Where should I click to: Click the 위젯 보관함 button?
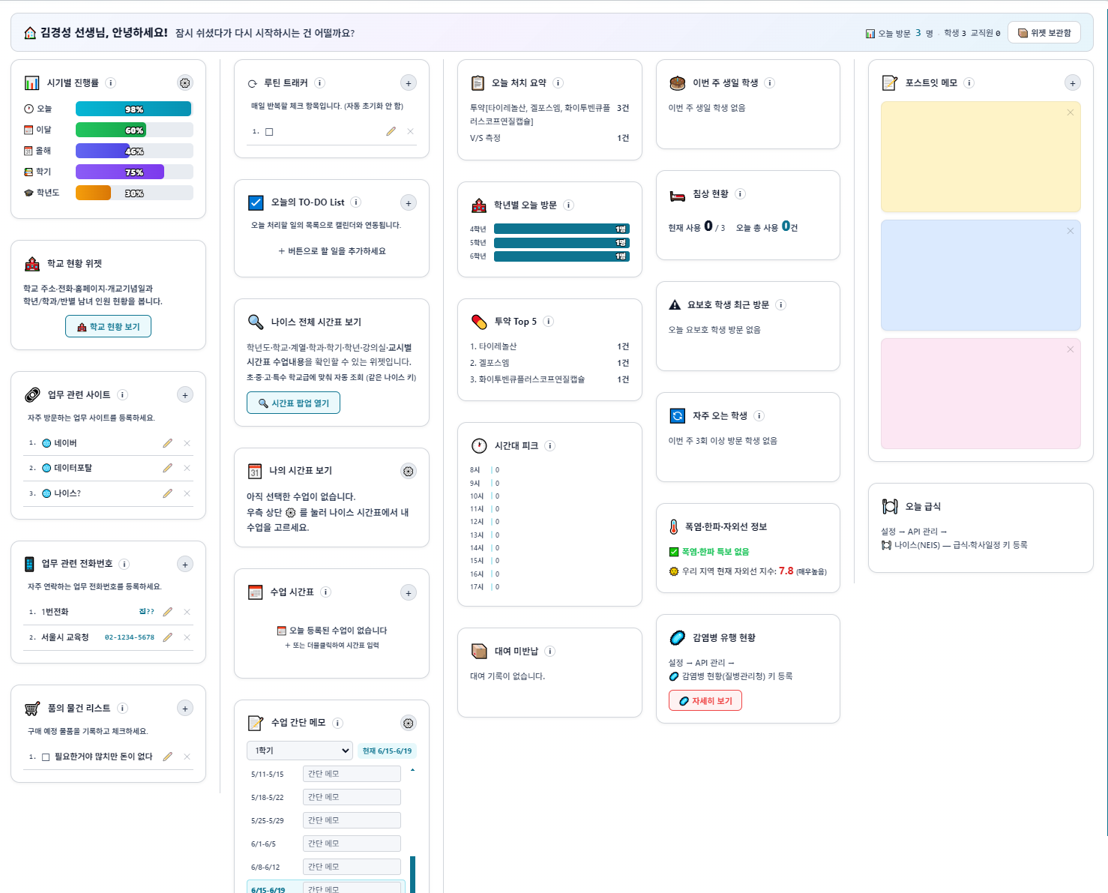pyautogui.click(x=1044, y=33)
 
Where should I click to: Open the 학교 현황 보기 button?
pyautogui.click(x=108, y=326)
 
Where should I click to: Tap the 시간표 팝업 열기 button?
pyautogui.click(x=293, y=403)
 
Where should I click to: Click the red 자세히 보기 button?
pyautogui.click(x=705, y=700)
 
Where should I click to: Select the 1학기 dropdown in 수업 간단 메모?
pyautogui.click(x=300, y=751)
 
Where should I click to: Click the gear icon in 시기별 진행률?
pyautogui.click(x=185, y=83)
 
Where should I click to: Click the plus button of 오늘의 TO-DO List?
pyautogui.click(x=409, y=203)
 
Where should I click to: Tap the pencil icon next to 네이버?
pyautogui.click(x=167, y=443)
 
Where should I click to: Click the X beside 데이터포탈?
pyautogui.click(x=187, y=468)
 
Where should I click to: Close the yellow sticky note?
pyautogui.click(x=1071, y=112)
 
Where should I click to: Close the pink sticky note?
pyautogui.click(x=1071, y=349)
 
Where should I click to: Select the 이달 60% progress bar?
pyautogui.click(x=134, y=130)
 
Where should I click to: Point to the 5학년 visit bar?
pyautogui.click(x=561, y=243)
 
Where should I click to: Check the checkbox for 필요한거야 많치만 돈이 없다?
pyautogui.click(x=45, y=757)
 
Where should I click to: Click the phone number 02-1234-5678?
pyautogui.click(x=129, y=637)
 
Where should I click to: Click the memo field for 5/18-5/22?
pyautogui.click(x=352, y=797)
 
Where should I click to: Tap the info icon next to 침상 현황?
pyautogui.click(x=740, y=193)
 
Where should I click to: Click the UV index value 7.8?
pyautogui.click(x=786, y=571)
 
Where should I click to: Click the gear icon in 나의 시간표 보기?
pyautogui.click(x=409, y=471)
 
